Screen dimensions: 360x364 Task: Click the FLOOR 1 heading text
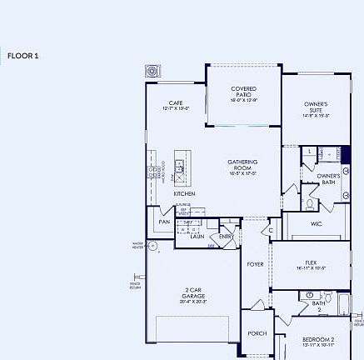coord(23,56)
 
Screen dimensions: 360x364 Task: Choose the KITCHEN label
coord(185,193)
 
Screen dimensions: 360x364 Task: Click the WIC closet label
coord(317,223)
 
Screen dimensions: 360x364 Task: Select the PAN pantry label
coord(164,222)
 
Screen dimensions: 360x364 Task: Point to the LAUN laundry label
coord(197,236)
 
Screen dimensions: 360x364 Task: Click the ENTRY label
coord(227,236)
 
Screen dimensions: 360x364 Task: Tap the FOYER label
coord(255,264)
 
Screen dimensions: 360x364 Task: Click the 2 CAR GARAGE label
coord(192,295)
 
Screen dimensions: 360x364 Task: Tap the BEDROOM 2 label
coord(317,340)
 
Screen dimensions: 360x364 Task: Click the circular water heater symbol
coord(152,245)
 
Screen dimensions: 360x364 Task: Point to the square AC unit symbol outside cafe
coord(153,71)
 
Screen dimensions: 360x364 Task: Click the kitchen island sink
coord(179,169)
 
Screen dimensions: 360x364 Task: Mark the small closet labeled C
coord(271,230)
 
